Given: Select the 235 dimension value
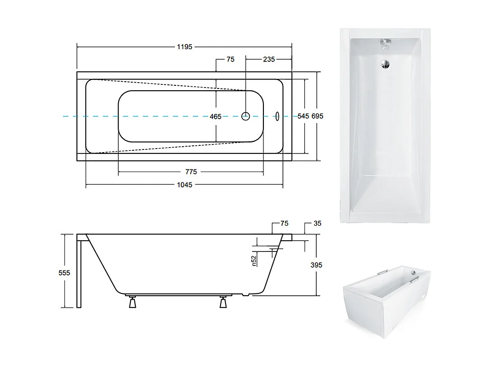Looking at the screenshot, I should [269, 59].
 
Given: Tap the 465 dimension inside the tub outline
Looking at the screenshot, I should [216, 116].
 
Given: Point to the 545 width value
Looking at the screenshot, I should [303, 116].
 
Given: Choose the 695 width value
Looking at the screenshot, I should [317, 116].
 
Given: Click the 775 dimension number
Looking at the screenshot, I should [191, 172].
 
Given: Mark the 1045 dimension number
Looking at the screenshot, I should [185, 185].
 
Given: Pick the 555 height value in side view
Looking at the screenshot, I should [65, 273].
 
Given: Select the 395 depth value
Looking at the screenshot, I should [317, 265].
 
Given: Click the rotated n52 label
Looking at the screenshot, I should [254, 261].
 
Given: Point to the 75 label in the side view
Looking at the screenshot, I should [284, 223].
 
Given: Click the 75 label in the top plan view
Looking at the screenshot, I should [231, 59].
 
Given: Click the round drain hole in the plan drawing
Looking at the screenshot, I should [245, 116].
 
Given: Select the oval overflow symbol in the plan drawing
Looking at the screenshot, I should [277, 116].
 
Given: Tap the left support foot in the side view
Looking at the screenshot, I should [133, 302].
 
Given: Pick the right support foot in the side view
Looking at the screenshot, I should [223, 302].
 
